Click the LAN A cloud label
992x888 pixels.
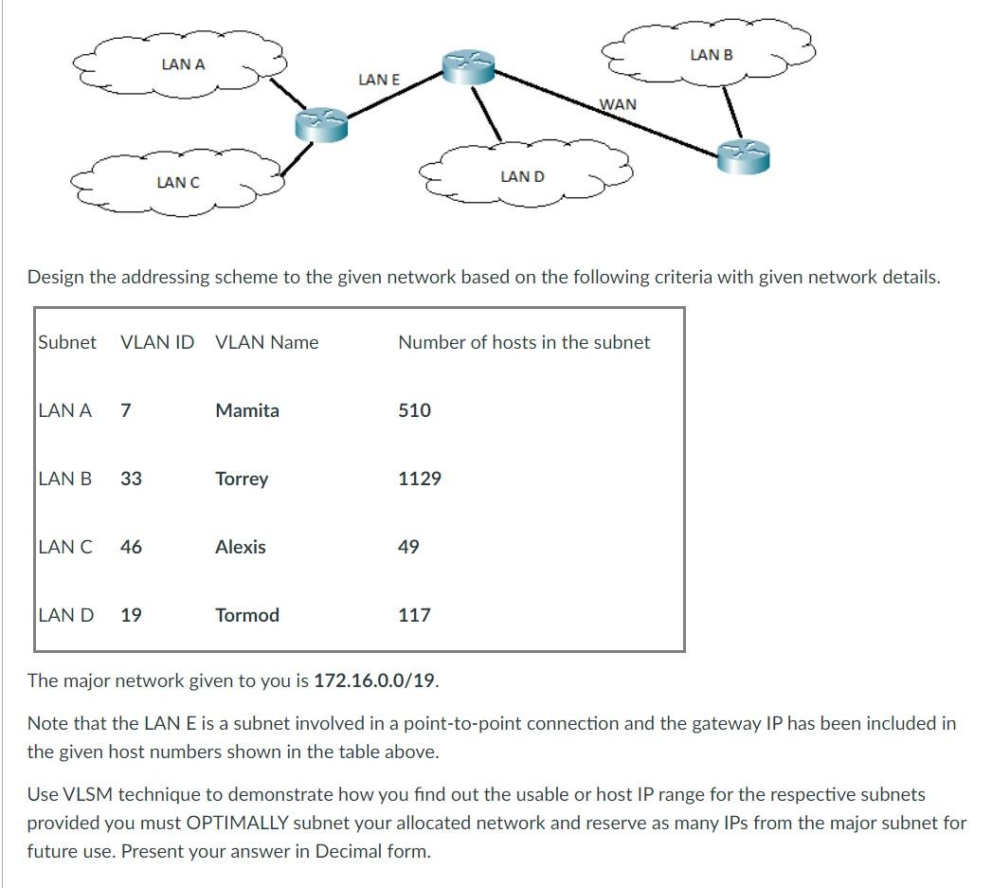point(183,64)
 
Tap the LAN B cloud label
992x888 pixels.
point(712,55)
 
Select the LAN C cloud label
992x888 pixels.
point(178,182)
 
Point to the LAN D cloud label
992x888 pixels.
point(522,176)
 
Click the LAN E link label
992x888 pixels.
point(379,81)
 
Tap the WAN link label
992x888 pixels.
point(618,104)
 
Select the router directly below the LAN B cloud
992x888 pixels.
point(744,155)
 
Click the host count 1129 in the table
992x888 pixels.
point(420,479)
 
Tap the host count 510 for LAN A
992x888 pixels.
point(414,410)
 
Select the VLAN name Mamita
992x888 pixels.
point(247,410)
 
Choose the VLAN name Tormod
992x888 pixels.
point(247,615)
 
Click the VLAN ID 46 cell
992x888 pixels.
point(132,547)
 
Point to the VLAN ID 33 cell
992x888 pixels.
point(132,479)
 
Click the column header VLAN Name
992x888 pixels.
point(267,342)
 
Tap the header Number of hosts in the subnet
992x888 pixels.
point(524,342)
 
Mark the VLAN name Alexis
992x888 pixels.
point(241,547)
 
